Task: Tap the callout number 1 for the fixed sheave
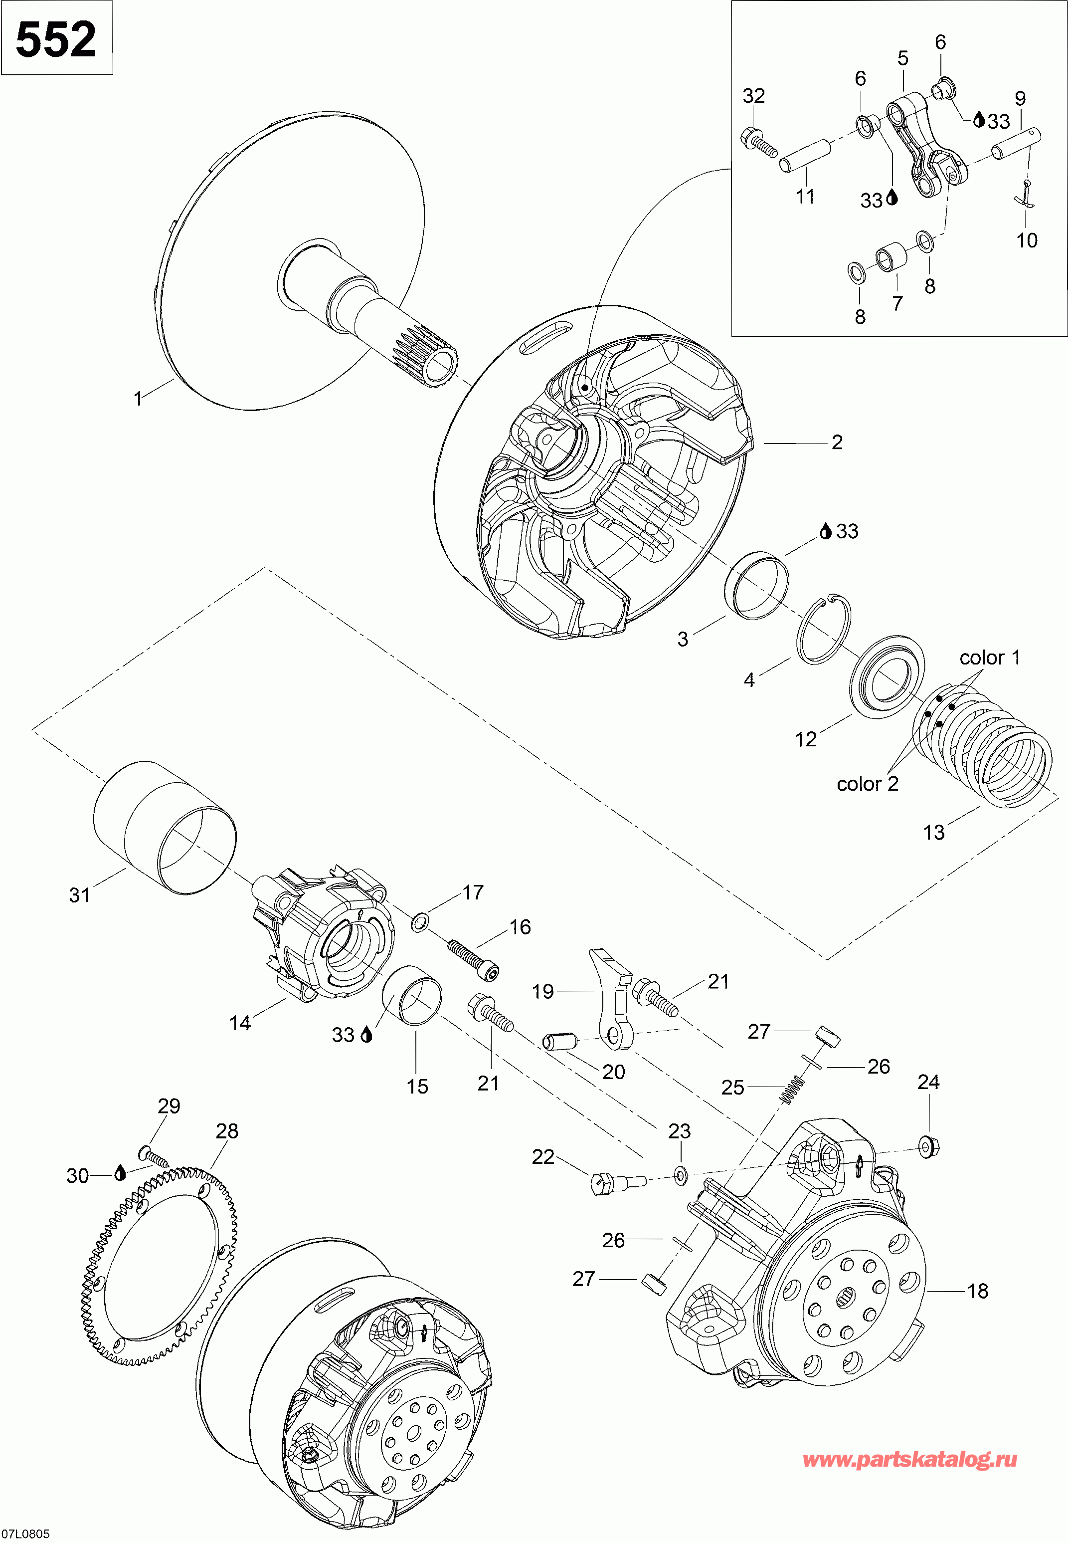click(x=138, y=399)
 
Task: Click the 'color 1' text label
click(x=990, y=658)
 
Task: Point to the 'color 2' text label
click(x=867, y=784)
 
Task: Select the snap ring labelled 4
click(x=824, y=628)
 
